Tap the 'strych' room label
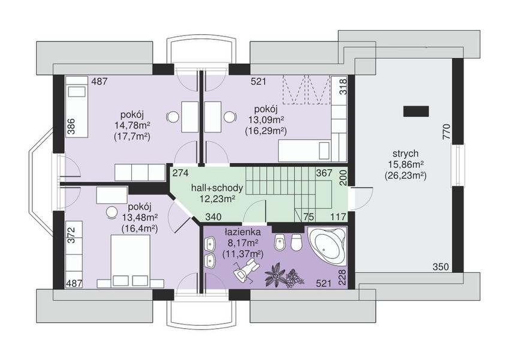click(405, 154)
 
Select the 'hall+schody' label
click(217, 188)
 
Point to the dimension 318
click(343, 86)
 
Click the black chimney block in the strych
click(416, 111)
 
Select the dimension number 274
click(180, 173)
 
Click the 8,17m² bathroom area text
click(243, 243)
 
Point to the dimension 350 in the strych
click(441, 267)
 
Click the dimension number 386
click(71, 127)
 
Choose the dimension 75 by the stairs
click(308, 217)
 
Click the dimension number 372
click(71, 235)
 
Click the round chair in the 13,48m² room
click(112, 212)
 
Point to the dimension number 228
click(343, 277)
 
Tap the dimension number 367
click(324, 173)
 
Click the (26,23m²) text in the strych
click(405, 176)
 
